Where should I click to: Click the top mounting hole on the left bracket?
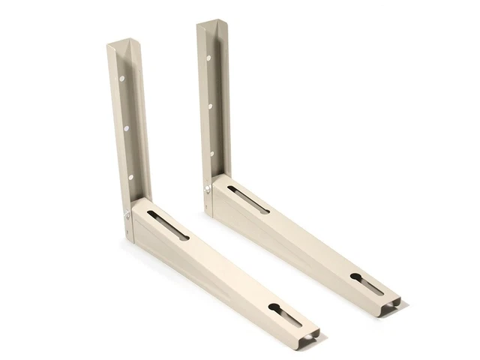coord(120,77)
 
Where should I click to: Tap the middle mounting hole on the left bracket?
coord(125,128)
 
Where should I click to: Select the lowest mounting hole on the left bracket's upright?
coord(130,177)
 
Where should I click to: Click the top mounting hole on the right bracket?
coord(208,58)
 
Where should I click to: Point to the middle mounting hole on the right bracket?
coord(210,106)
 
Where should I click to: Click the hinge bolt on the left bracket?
coord(127,215)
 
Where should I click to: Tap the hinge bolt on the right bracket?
coord(208,189)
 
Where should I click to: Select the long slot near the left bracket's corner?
coord(168,224)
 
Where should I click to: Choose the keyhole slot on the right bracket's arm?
coord(367,284)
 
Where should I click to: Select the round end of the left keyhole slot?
coord(274,308)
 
